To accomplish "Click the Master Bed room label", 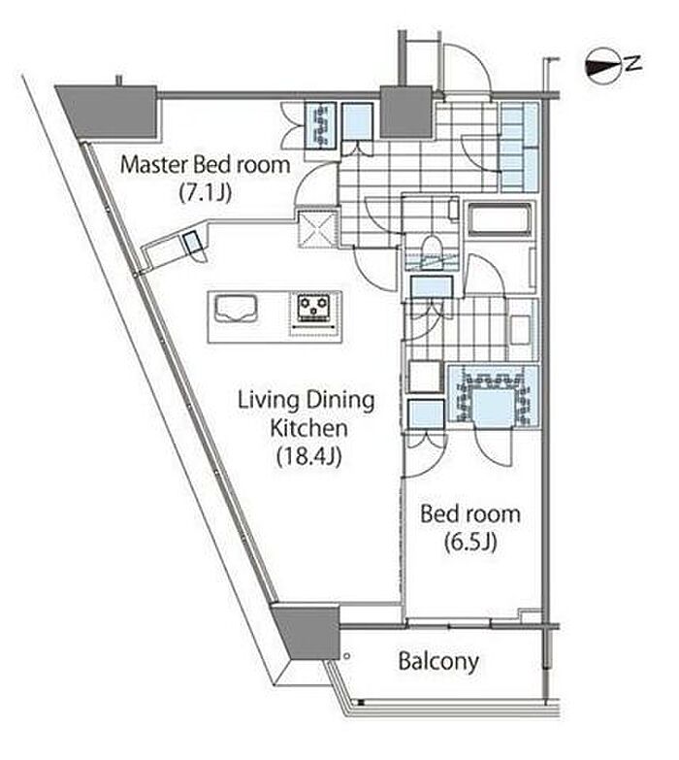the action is coord(205,165).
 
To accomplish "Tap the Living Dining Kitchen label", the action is coord(307,414).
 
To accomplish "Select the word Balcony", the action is coord(438,661).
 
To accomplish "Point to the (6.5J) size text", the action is coord(470,543).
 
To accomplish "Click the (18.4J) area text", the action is coord(309,456).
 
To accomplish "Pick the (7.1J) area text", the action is coord(206,193).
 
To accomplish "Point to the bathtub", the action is coord(500,219).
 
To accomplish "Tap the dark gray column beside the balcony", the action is coord(307,632).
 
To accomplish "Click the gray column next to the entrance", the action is coord(405,111).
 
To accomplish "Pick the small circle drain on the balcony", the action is coord(346,656).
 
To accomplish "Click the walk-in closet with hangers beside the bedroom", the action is coord(493,395).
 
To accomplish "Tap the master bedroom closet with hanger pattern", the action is coord(321,125).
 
